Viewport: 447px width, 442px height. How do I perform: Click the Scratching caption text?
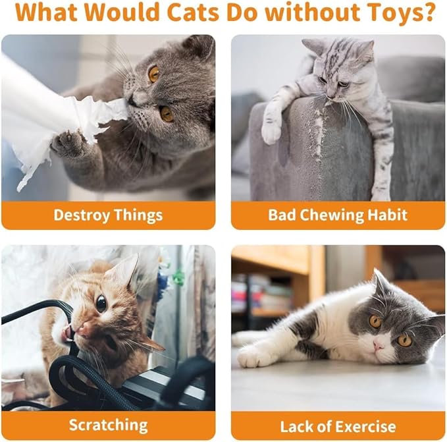coord(109,425)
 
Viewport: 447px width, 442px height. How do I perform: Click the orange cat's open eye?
coord(101,304)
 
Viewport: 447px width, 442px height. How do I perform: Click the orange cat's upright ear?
coord(126,270)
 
